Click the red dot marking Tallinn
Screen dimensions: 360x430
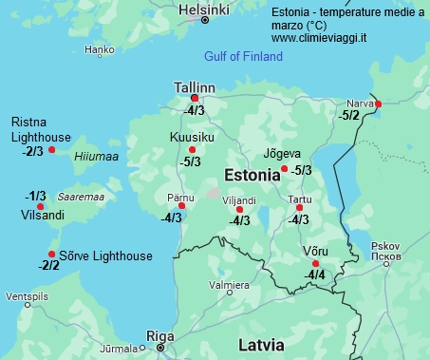point(195,98)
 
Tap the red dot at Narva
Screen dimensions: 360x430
point(378,104)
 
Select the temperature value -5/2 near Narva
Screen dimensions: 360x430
point(349,115)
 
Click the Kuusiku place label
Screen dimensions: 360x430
point(191,138)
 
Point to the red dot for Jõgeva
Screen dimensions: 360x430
point(285,169)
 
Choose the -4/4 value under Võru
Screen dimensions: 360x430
point(314,275)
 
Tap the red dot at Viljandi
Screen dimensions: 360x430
point(239,209)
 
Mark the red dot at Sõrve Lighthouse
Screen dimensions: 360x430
point(51,254)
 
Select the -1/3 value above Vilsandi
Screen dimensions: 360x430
point(35,196)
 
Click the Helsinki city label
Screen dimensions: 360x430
point(203,9)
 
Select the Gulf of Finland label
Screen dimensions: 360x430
point(244,57)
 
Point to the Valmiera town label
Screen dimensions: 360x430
point(229,285)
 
